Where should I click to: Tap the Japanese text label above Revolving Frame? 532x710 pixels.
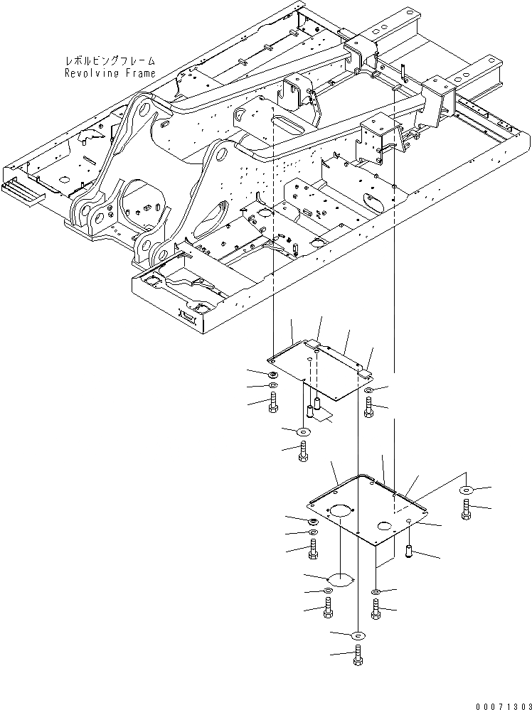pyautogui.click(x=110, y=63)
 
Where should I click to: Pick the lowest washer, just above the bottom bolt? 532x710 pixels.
pyautogui.click(x=357, y=635)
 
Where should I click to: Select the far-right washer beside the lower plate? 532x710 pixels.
pyautogui.click(x=467, y=490)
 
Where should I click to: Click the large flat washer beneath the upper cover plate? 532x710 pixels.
pyautogui.click(x=304, y=431)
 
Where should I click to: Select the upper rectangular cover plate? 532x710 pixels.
pyautogui.click(x=320, y=370)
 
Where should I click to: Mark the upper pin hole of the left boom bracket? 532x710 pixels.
pyautogui.click(x=144, y=114)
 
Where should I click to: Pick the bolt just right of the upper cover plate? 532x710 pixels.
pyautogui.click(x=368, y=407)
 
